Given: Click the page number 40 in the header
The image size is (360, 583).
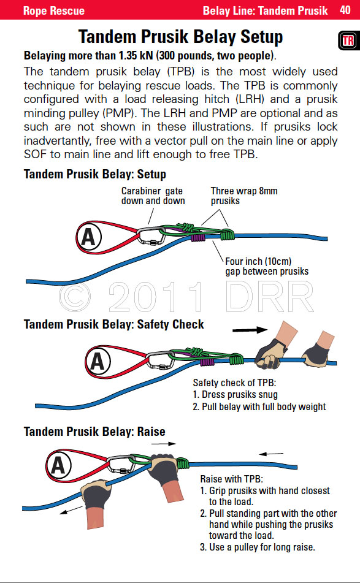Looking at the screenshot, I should click(x=344, y=10).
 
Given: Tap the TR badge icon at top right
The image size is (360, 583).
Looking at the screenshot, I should click(x=347, y=41).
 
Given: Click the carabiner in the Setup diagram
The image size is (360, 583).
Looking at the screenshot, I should click(x=150, y=235).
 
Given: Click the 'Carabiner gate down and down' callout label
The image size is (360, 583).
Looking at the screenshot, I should click(x=151, y=196).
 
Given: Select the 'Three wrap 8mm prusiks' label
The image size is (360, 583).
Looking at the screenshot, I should click(x=243, y=196).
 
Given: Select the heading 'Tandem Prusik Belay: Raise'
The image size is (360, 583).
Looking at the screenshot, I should click(x=94, y=432).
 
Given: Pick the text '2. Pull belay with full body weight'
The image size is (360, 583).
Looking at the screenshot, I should click(x=259, y=406).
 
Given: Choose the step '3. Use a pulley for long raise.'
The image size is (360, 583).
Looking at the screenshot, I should click(x=258, y=547).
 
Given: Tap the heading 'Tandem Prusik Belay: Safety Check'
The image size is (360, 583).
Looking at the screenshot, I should click(x=113, y=324).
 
